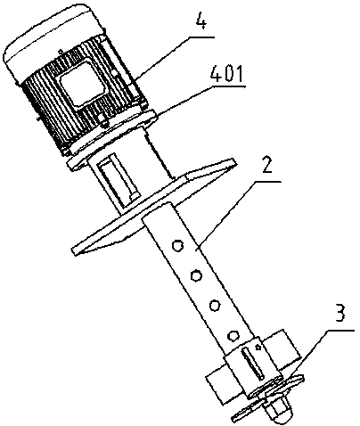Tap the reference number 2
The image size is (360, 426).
(x=266, y=166)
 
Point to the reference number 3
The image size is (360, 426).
(x=340, y=315)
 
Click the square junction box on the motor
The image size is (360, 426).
(x=84, y=83)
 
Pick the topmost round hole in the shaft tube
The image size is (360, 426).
(x=177, y=246)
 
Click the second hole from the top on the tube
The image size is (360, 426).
(x=195, y=275)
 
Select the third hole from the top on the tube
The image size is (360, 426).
(x=215, y=305)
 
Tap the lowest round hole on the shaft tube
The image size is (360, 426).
(x=233, y=335)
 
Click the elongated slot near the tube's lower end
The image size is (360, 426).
(x=252, y=364)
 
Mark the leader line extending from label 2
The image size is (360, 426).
(x=239, y=214)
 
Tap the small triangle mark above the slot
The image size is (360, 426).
(x=258, y=347)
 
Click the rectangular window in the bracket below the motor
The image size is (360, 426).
(x=119, y=182)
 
